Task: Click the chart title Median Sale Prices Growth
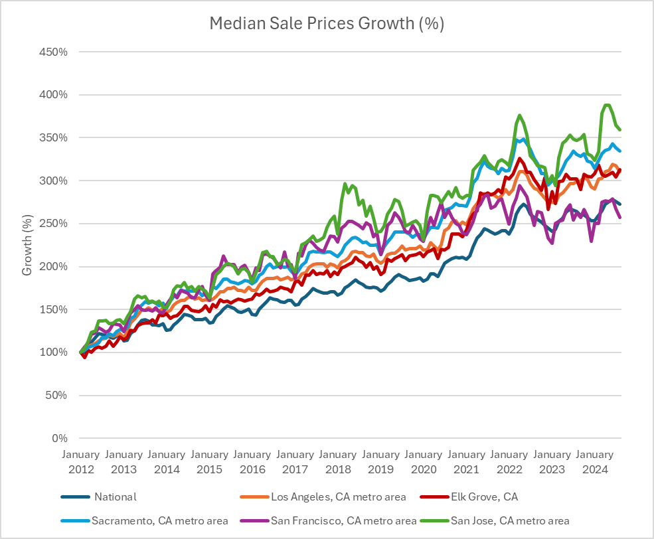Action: click(x=327, y=24)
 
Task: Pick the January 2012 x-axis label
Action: click(x=80, y=461)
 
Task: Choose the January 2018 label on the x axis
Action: click(x=338, y=461)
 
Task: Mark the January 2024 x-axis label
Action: click(x=594, y=461)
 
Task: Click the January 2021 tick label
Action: click(x=466, y=461)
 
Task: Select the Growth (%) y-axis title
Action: click(x=27, y=245)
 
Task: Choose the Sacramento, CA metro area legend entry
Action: click(x=163, y=520)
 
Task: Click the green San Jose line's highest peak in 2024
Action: click(x=606, y=105)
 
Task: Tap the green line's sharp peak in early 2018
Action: click(x=345, y=184)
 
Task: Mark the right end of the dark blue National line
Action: click(x=620, y=204)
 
